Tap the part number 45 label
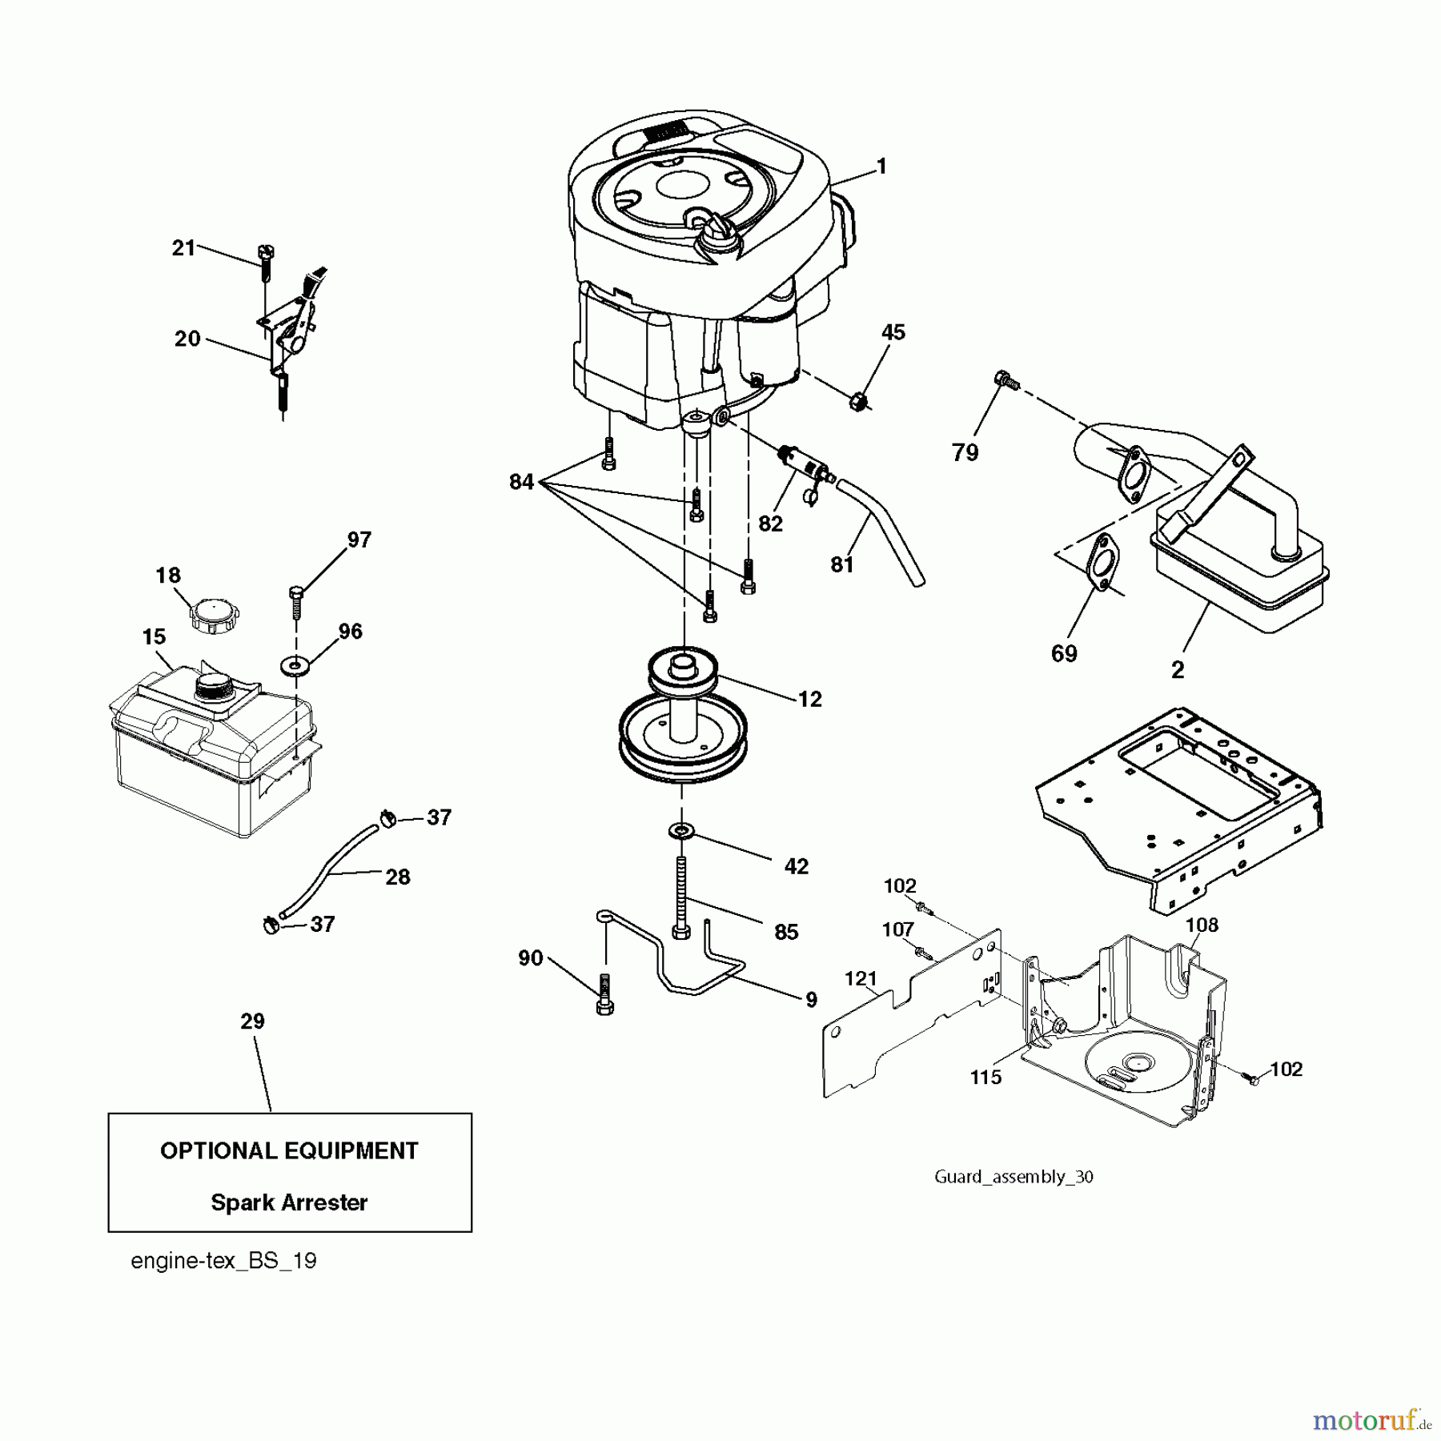click(893, 332)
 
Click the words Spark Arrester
click(289, 1203)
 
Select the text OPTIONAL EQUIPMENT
click(289, 1151)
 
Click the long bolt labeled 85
click(681, 897)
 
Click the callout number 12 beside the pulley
click(809, 700)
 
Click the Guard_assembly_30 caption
click(1014, 1176)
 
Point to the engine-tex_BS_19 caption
click(223, 1262)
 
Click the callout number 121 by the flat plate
click(861, 978)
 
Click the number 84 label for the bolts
click(521, 482)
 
